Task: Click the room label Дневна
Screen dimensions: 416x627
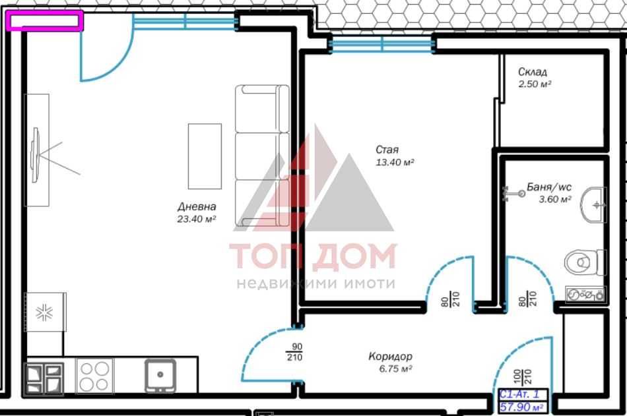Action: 197,206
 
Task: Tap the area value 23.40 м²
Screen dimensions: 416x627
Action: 197,219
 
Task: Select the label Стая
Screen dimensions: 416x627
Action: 387,150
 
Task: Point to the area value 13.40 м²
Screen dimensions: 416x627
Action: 395,162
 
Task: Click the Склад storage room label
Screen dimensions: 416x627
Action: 532,72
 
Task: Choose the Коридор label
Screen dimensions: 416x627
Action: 390,357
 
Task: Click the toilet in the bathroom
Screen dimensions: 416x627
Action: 585,262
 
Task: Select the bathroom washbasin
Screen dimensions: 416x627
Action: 593,204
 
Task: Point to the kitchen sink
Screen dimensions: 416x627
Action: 160,376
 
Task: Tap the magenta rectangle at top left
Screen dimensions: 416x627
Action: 45,21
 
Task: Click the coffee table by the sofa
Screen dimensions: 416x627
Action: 205,156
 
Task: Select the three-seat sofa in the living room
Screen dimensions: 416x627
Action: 262,157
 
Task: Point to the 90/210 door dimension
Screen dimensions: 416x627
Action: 294,352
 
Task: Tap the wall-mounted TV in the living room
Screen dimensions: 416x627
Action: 36,155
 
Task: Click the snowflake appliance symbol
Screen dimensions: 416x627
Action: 45,312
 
